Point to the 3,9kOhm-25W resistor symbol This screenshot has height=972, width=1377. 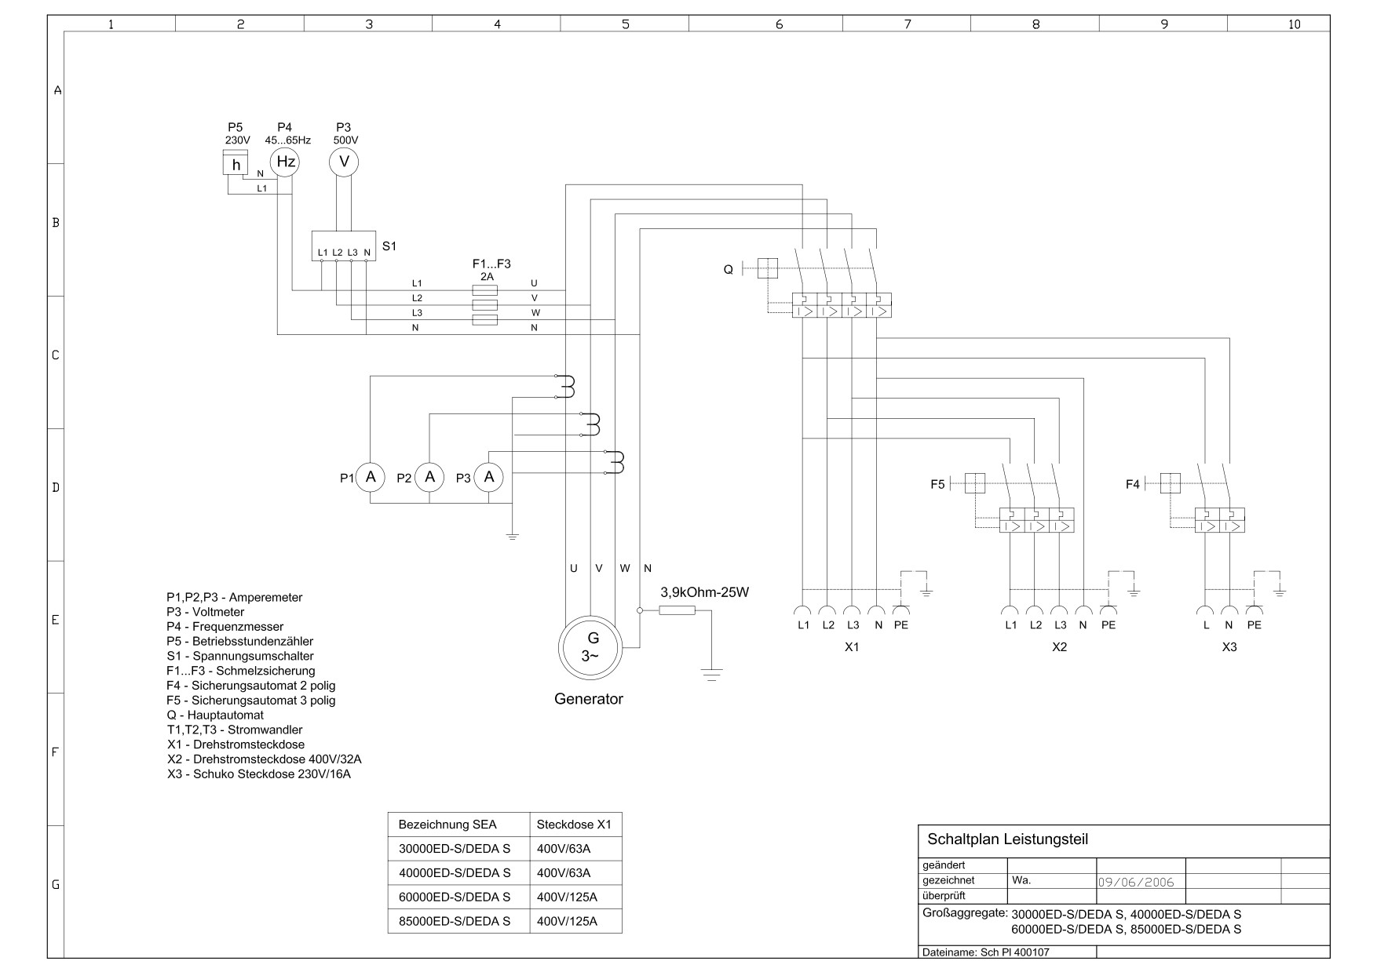click(x=677, y=610)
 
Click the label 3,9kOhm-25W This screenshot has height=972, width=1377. click(x=705, y=592)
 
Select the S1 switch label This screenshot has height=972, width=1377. click(x=389, y=246)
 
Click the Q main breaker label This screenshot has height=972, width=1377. click(x=728, y=270)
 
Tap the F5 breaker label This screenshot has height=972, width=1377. click(x=937, y=485)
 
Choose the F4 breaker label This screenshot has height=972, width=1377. click(x=1132, y=485)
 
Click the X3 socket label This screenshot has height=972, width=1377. click(x=1229, y=647)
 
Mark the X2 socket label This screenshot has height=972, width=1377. click(x=1059, y=647)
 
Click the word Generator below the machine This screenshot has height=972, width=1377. click(x=589, y=699)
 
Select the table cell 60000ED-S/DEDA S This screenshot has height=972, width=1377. click(x=455, y=897)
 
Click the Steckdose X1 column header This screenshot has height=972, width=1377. click(x=573, y=825)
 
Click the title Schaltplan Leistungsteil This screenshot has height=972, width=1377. click(x=1008, y=839)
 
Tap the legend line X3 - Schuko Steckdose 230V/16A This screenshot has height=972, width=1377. click(x=259, y=774)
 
